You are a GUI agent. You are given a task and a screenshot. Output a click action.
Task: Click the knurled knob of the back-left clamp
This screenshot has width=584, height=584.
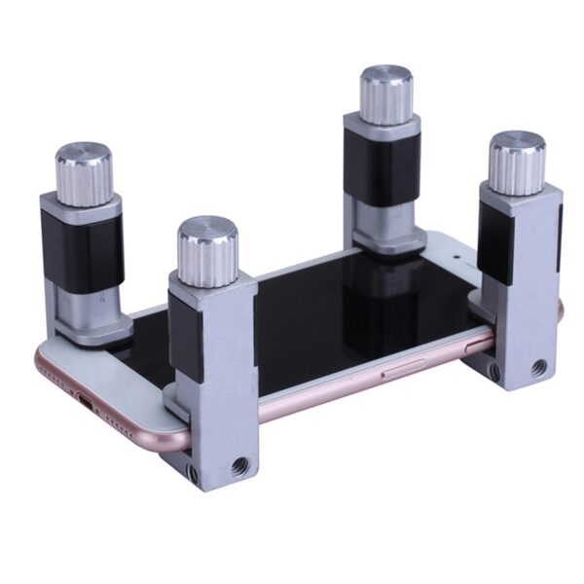(x=84, y=172)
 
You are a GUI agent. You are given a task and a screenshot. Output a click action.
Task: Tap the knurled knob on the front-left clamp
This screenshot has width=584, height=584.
(x=207, y=252)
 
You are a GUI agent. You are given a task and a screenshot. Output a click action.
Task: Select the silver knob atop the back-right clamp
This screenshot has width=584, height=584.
(x=386, y=94)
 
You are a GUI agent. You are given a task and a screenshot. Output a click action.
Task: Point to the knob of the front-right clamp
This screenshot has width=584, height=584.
(x=516, y=163)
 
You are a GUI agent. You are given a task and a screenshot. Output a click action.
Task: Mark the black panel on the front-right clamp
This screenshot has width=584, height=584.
(x=494, y=243)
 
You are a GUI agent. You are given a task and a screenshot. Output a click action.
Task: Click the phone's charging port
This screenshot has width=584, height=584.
(x=85, y=400)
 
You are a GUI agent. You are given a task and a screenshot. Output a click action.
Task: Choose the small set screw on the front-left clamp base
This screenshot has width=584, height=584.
(x=193, y=474)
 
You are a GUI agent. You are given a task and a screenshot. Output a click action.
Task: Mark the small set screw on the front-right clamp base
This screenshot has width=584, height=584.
(x=494, y=371)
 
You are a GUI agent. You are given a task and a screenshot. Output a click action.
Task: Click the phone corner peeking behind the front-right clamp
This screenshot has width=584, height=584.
(x=559, y=310)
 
